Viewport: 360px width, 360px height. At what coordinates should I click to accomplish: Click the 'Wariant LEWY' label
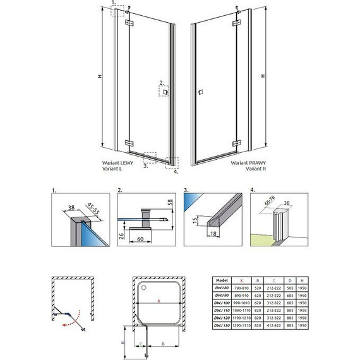(x=118, y=162)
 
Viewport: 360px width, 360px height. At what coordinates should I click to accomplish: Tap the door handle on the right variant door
(x=200, y=93)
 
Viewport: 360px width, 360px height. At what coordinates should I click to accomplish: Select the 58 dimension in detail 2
(x=170, y=203)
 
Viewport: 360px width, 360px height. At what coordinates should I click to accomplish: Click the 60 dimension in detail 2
(x=144, y=240)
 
